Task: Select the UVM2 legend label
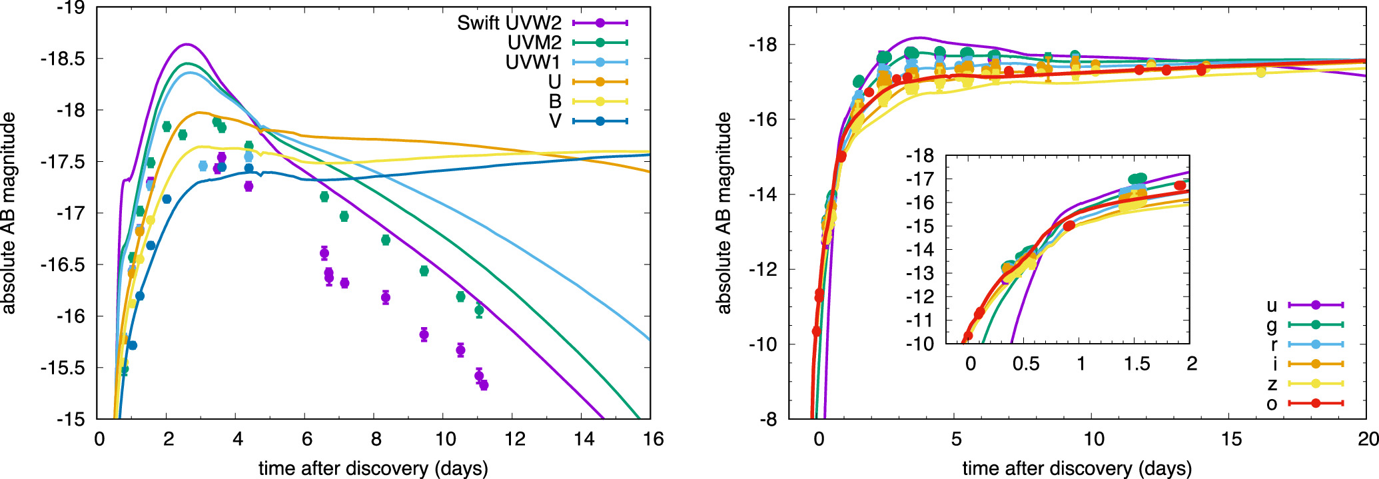pyautogui.click(x=534, y=43)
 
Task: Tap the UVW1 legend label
pyautogui.click(x=533, y=63)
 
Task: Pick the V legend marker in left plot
pyautogui.click(x=600, y=121)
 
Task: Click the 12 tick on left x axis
pyautogui.click(x=514, y=439)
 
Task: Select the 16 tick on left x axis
pyautogui.click(x=653, y=439)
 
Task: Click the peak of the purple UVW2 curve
pyautogui.click(x=187, y=45)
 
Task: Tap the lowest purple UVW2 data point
pyautogui.click(x=484, y=385)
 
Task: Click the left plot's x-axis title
pyautogui.click(x=373, y=468)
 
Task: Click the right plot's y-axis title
pyautogui.click(x=724, y=213)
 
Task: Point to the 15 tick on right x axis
pyautogui.click(x=1231, y=439)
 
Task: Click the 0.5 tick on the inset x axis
pyautogui.click(x=1025, y=364)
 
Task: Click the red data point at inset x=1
pyautogui.click(x=1069, y=226)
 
